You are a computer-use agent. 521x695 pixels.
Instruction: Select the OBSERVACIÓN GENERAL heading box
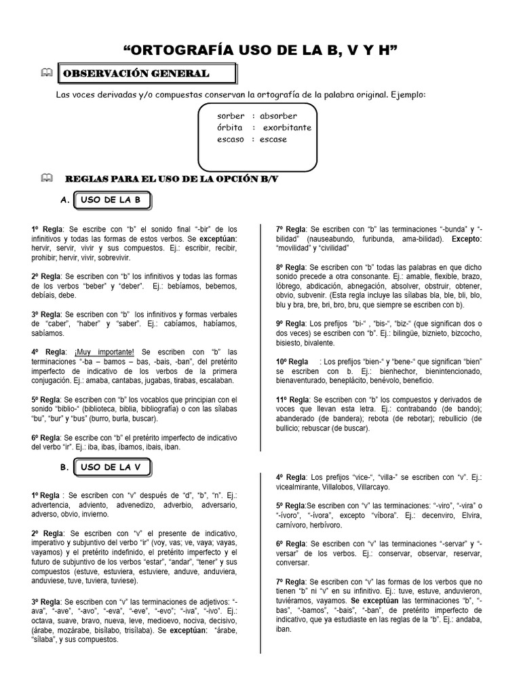click(x=147, y=73)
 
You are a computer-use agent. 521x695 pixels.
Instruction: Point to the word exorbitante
click(x=287, y=128)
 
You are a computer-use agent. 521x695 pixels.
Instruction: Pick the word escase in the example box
click(x=273, y=139)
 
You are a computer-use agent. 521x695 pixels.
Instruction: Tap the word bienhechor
click(x=381, y=371)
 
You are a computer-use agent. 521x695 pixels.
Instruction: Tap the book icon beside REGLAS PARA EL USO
click(x=45, y=178)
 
